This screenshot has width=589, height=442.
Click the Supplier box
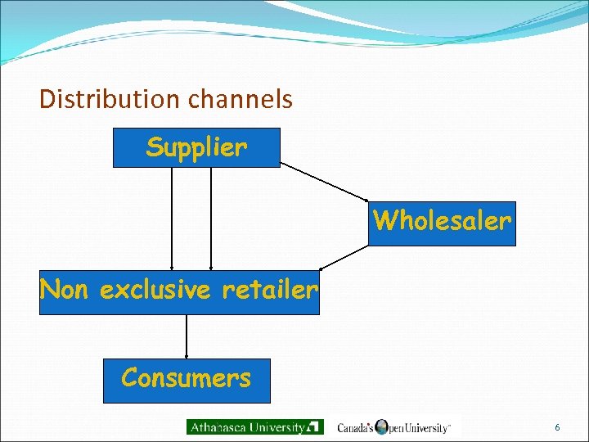click(x=196, y=148)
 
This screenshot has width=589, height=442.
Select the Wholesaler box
click(x=442, y=223)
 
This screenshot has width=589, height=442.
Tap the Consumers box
click(x=187, y=381)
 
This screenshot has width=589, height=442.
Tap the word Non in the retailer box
click(x=65, y=290)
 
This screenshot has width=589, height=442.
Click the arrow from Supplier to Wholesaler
click(x=325, y=181)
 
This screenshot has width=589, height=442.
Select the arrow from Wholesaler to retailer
click(x=344, y=257)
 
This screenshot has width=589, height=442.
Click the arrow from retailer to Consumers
click(x=187, y=336)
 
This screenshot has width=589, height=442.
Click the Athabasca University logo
click(x=255, y=427)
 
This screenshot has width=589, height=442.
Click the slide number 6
click(x=557, y=427)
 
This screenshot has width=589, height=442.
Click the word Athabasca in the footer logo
click(x=221, y=427)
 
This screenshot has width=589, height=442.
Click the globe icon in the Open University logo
click(x=381, y=426)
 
